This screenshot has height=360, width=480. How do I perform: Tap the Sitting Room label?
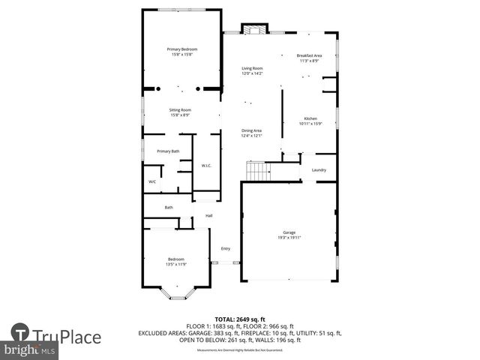(180, 110)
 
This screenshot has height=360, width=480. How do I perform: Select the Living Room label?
(252, 68)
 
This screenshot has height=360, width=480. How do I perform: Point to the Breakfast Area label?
(309, 55)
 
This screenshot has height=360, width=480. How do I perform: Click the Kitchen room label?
(310, 118)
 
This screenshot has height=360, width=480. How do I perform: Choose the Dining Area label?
(251, 130)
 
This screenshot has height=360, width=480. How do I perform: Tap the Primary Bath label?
(168, 151)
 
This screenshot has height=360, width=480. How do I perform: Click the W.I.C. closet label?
(206, 165)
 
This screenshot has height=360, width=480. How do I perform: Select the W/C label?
(151, 181)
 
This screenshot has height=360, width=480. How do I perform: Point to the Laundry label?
(318, 170)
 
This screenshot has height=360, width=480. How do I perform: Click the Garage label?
(289, 232)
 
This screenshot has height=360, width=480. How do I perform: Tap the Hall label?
(209, 216)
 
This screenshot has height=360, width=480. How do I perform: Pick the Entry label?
(225, 248)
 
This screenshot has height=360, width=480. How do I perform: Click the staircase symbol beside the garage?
(258, 172)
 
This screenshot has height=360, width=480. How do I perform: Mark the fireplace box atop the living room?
(253, 28)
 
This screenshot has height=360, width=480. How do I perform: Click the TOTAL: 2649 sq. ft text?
(239, 319)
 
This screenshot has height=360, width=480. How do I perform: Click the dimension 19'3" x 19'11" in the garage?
(289, 238)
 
